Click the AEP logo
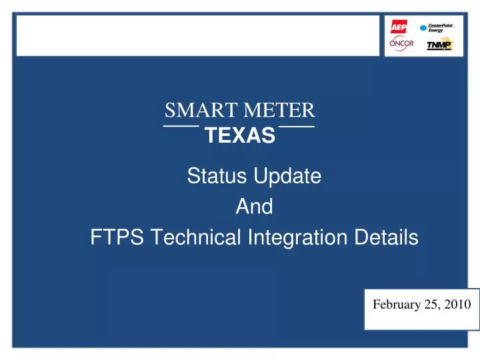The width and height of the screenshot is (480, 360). click(x=398, y=27)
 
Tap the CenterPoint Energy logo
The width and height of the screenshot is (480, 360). click(x=437, y=28)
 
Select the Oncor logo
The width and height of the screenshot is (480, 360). click(x=402, y=44)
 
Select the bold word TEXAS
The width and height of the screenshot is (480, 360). click(x=240, y=136)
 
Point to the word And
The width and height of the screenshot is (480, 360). click(x=254, y=207)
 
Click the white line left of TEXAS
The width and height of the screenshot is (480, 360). click(x=181, y=126)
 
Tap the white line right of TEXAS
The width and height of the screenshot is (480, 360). click(x=297, y=126)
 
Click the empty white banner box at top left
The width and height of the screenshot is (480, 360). click(x=197, y=35)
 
